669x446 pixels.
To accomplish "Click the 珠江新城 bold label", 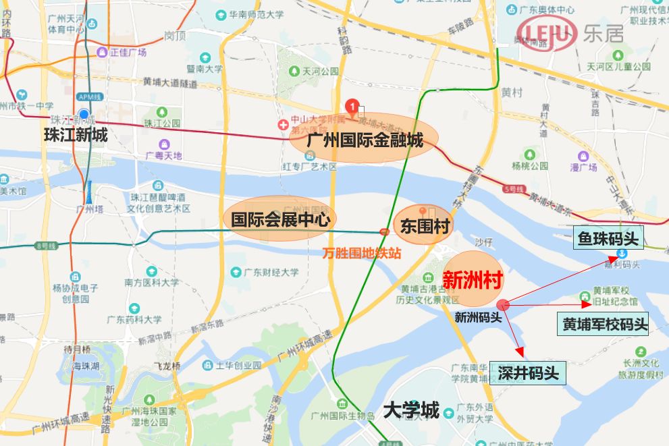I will (76, 135).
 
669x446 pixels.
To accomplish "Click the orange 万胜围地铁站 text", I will (362, 254).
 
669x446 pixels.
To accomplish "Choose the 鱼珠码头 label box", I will (608, 238).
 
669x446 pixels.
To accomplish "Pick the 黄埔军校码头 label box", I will (602, 324).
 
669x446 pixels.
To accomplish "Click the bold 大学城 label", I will (411, 410).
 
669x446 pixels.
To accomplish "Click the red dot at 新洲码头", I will (503, 305).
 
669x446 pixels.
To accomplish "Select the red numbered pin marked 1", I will (351, 105).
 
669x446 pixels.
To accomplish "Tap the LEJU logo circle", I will (547, 32).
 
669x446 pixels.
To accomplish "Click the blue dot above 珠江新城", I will (84, 115).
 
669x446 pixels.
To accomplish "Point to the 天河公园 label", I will (320, 72).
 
